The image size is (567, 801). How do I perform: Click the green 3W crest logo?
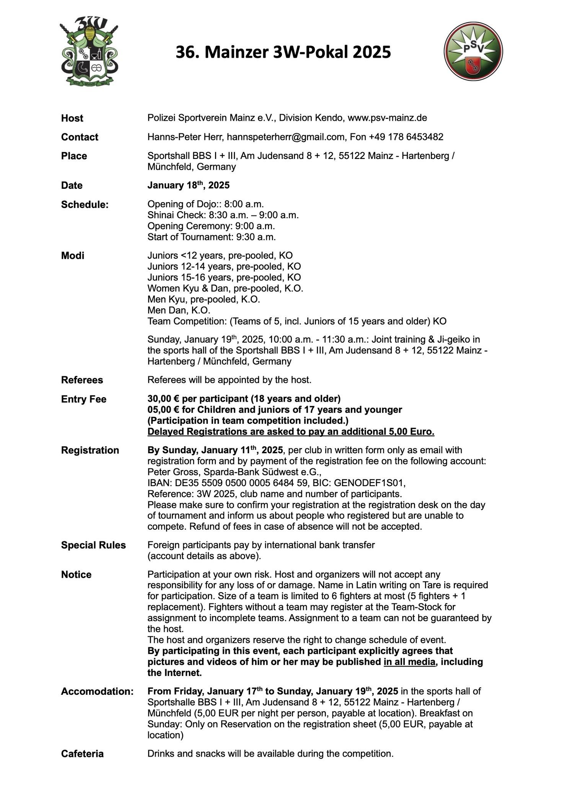(x=89, y=52)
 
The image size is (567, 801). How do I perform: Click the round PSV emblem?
(x=473, y=51)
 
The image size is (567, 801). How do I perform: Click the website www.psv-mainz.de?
(x=387, y=118)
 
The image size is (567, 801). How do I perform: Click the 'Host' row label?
(x=72, y=118)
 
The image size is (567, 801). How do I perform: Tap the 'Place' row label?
(x=74, y=156)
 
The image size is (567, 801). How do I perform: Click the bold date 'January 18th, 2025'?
(x=189, y=185)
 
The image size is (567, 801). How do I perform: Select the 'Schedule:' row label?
(x=85, y=204)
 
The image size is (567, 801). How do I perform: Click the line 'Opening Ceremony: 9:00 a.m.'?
(x=211, y=226)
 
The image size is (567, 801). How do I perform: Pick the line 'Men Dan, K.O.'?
(x=179, y=310)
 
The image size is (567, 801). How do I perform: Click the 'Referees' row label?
(x=82, y=380)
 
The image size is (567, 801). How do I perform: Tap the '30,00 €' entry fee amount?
(x=163, y=399)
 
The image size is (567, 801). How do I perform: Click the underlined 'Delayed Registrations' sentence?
(x=291, y=432)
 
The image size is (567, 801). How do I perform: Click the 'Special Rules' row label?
(x=93, y=545)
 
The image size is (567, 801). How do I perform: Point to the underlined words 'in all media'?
(x=409, y=662)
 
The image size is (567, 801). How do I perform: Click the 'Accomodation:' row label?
(x=97, y=691)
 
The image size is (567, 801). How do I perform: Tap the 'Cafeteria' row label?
(x=82, y=754)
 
